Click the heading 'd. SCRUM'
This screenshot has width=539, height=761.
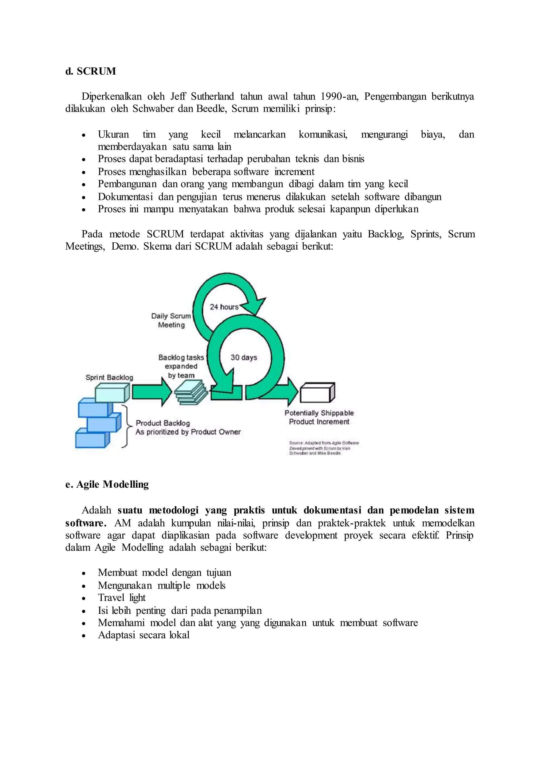(x=91, y=71)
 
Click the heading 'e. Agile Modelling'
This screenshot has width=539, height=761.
(x=107, y=484)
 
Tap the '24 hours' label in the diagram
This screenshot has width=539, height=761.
(x=224, y=307)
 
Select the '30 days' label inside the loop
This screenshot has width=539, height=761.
(x=244, y=357)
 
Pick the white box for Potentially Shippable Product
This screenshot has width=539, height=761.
(x=317, y=393)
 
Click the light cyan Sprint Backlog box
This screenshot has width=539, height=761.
(x=112, y=393)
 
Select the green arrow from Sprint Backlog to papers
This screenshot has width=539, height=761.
(x=151, y=392)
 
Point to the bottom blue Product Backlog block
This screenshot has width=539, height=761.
(x=92, y=438)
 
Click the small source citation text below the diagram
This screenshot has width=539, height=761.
(x=324, y=448)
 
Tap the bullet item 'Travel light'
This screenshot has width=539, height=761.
(x=122, y=598)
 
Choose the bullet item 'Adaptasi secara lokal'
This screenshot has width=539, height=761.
(x=143, y=635)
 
